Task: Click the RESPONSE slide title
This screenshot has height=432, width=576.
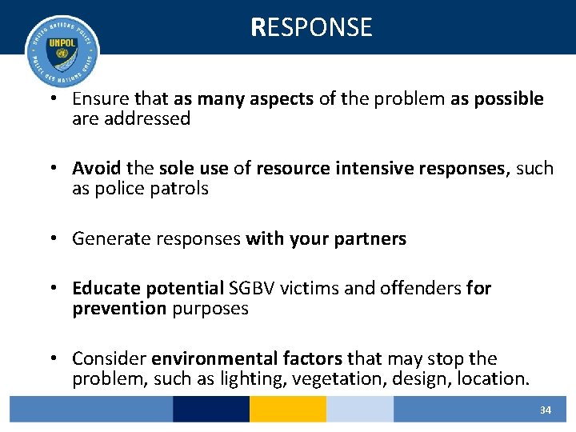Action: click(x=311, y=27)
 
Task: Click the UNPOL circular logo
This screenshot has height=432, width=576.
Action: click(x=62, y=51)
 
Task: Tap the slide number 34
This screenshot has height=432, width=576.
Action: click(x=546, y=410)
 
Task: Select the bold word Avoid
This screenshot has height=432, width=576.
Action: click(x=97, y=169)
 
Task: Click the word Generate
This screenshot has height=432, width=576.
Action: click(x=108, y=238)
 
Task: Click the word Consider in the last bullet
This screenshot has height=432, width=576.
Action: click(x=108, y=358)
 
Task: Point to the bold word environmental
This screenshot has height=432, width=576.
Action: click(x=206, y=358)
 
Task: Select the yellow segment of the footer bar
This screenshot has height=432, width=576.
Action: click(x=288, y=410)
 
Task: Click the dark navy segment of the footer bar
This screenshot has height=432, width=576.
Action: click(x=211, y=410)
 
